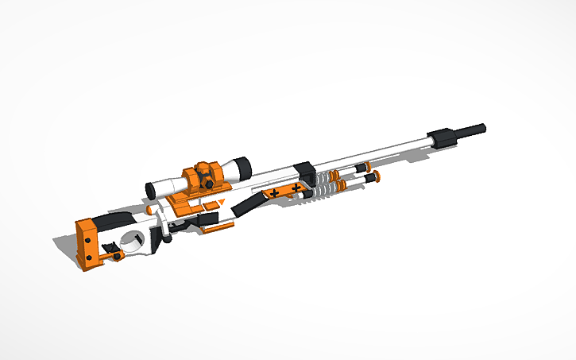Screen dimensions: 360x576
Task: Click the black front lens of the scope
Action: click(242, 168)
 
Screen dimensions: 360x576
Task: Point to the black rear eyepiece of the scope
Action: click(149, 189)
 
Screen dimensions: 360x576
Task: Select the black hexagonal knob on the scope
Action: click(207, 182)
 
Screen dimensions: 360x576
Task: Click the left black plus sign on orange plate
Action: click(273, 193)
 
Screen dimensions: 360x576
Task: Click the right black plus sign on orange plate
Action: click(296, 188)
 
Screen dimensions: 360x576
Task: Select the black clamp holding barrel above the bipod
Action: click(305, 172)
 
